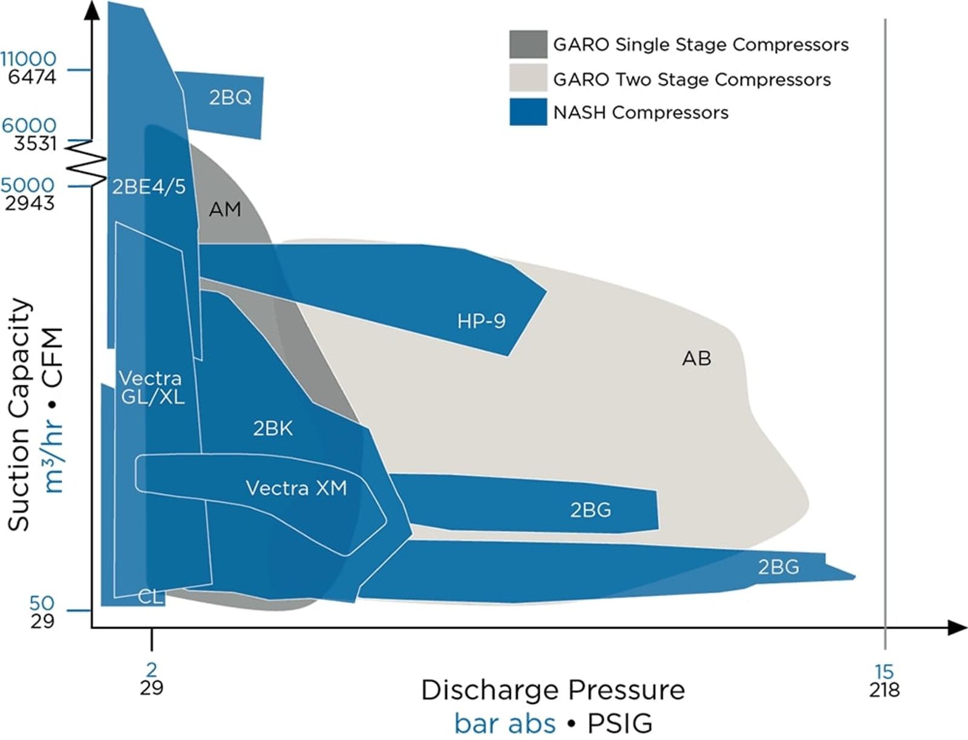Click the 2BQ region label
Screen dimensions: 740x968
[x=230, y=97]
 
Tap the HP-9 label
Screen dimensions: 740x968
[x=481, y=320]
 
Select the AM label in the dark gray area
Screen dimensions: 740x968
[x=224, y=209]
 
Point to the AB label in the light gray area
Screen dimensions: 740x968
[x=696, y=358]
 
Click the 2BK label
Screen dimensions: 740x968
[x=273, y=428]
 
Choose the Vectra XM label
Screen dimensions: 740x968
[x=296, y=488]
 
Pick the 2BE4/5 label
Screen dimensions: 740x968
[x=149, y=187]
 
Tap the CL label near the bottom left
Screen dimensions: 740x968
[x=151, y=597]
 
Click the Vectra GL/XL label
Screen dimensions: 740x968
[x=151, y=388]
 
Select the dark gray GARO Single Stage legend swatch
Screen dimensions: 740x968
[x=528, y=44]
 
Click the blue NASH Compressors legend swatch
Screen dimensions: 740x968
[x=528, y=112]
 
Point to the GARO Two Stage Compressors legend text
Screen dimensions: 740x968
[x=692, y=79]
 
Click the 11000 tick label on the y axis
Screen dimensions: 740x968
[x=28, y=59]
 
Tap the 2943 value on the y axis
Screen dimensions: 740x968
[x=30, y=203]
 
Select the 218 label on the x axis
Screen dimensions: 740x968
[x=884, y=690]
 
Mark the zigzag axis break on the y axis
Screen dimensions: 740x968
[x=85, y=162]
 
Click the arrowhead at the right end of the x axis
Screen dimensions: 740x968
[x=958, y=628]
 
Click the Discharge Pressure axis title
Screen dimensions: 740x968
[x=553, y=690]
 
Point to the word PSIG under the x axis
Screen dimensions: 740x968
[x=620, y=723]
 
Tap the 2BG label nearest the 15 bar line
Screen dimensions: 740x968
[x=778, y=566]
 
